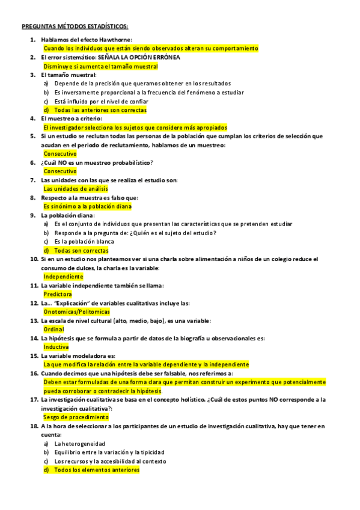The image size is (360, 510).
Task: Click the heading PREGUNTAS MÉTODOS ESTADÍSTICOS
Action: [x=75, y=26]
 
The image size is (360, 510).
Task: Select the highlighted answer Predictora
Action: [x=58, y=295]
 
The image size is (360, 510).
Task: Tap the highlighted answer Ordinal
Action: [x=53, y=330]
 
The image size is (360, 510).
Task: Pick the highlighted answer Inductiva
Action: [x=56, y=347]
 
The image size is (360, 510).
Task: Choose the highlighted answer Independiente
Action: [x=64, y=277]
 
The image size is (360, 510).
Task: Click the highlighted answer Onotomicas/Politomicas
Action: [x=77, y=312]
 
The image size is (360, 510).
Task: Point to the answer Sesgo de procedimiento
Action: [x=76, y=417]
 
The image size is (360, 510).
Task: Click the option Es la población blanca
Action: [x=84, y=241]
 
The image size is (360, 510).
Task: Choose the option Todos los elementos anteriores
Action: [x=96, y=470]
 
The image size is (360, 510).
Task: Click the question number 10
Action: [x=34, y=259]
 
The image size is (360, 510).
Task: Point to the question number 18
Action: [x=34, y=426]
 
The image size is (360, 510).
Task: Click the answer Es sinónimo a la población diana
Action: [x=87, y=206]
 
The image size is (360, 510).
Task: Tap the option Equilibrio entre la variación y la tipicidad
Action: [x=109, y=452]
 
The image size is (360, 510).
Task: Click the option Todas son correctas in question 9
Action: [x=81, y=250]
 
